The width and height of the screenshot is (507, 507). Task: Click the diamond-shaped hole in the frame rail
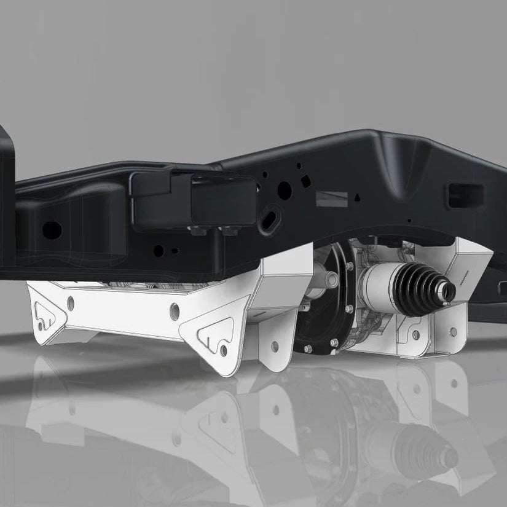(304, 183)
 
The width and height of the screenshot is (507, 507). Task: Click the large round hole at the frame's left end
(52, 230)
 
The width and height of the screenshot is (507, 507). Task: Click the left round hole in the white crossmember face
(71, 302)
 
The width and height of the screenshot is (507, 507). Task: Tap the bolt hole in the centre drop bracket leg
(274, 345)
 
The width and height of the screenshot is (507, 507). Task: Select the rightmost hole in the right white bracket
(453, 332)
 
